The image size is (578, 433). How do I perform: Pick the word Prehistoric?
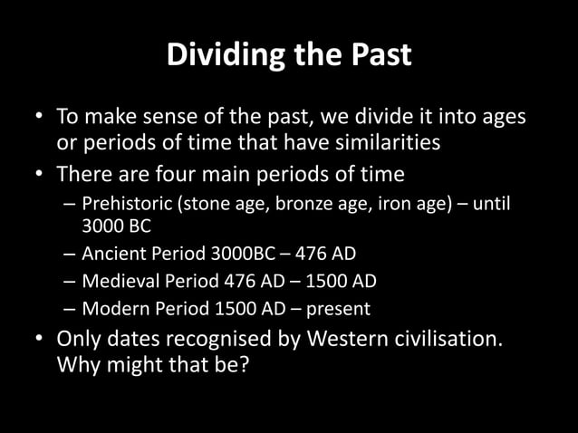(127, 203)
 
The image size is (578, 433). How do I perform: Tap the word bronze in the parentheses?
(283, 203)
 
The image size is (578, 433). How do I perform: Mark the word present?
(337, 309)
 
